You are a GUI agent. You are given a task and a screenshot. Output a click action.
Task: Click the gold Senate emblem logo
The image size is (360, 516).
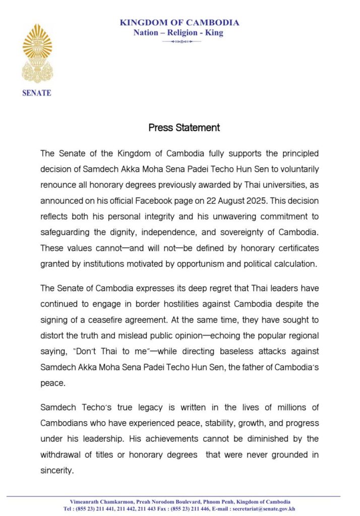pos(37,53)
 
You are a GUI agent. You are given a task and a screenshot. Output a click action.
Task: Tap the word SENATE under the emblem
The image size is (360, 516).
pos(37,93)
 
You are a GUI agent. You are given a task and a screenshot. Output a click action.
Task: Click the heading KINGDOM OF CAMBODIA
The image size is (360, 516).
pos(179,23)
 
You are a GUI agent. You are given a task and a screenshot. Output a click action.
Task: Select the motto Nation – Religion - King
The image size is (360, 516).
pos(178,33)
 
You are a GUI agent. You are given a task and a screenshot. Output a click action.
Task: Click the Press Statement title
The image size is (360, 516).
pos(184,127)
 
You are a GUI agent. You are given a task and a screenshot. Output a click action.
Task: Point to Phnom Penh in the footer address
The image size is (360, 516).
pos(217,502)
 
